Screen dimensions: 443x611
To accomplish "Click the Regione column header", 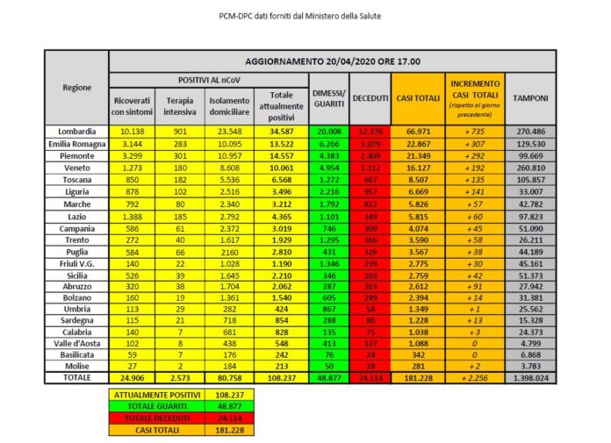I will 76,88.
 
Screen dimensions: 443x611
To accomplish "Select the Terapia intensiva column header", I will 175,104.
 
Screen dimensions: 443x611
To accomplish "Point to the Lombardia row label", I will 76,131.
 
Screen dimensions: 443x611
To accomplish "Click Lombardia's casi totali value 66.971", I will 420,131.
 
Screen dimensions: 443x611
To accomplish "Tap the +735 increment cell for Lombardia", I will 474,131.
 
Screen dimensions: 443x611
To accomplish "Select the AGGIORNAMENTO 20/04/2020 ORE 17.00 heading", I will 332,61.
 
